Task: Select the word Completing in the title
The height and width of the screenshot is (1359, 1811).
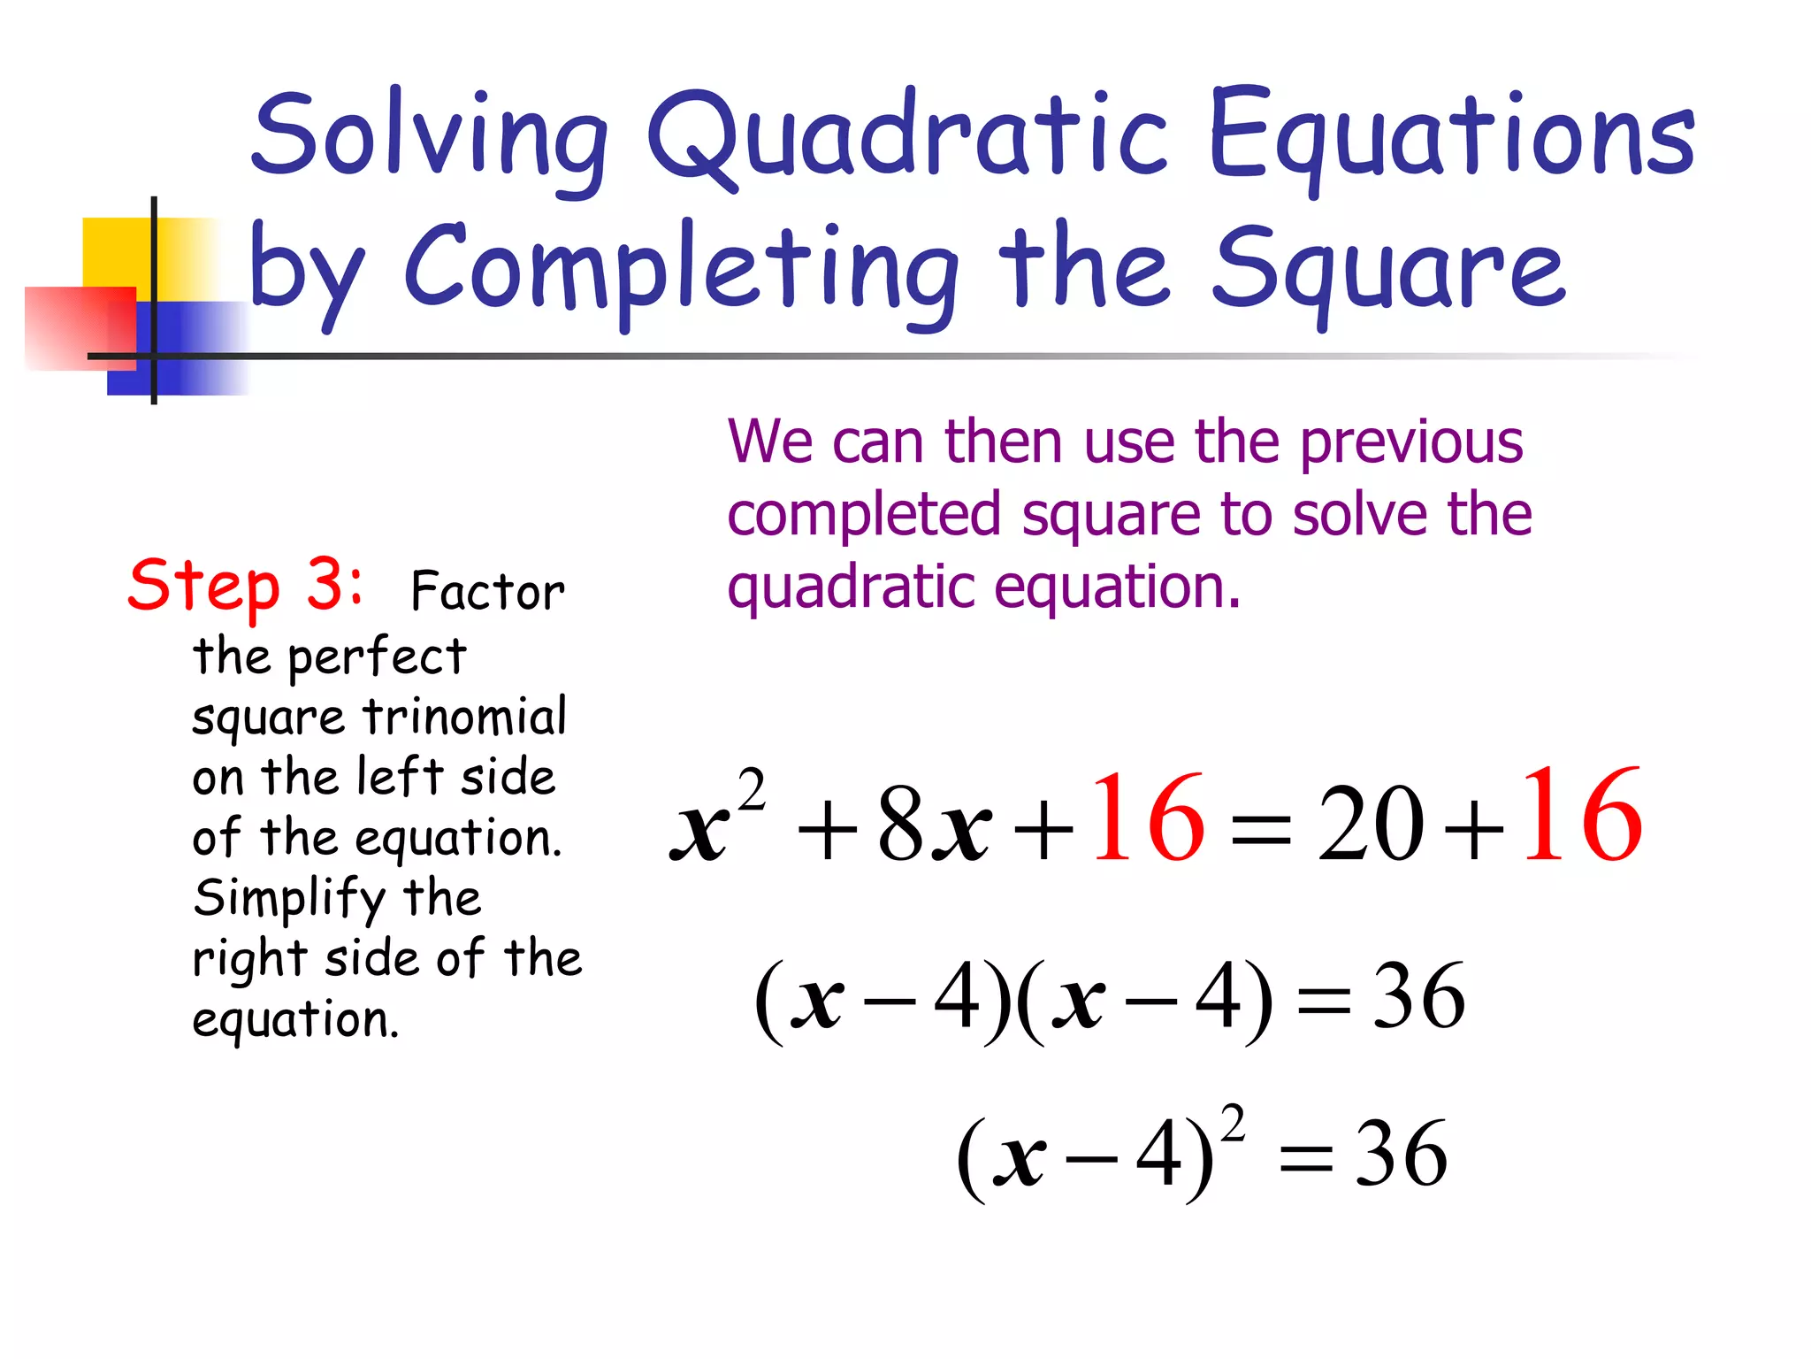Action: (681, 270)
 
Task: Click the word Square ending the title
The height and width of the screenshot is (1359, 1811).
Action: (1388, 270)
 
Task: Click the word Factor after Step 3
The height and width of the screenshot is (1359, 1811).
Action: (487, 591)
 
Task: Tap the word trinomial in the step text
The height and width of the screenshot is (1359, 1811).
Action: (465, 717)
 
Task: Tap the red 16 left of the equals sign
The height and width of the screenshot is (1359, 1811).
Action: (1147, 818)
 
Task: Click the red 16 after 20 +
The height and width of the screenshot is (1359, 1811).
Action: (1581, 816)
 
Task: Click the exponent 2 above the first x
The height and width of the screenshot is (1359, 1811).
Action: (751, 789)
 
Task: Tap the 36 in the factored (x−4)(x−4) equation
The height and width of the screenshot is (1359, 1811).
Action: (1418, 996)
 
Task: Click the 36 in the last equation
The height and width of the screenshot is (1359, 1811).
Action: (1401, 1155)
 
